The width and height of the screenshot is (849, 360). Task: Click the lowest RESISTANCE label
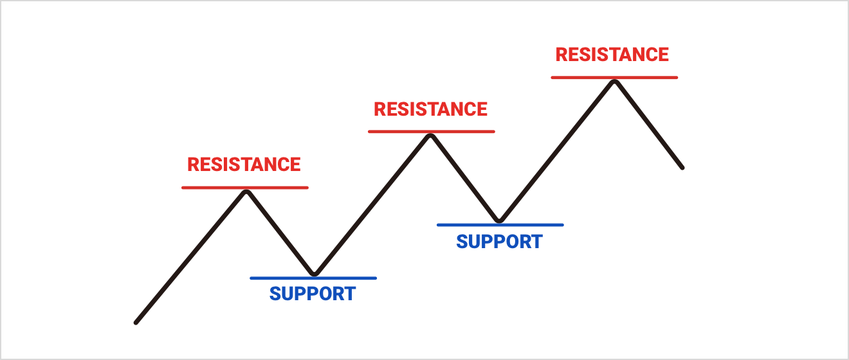coord(244,165)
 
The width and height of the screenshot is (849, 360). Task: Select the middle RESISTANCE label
coord(430,109)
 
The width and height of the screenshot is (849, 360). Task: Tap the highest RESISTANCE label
coord(612,55)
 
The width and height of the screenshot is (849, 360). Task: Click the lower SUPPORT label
coord(313,294)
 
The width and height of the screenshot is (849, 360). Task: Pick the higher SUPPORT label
coord(499,242)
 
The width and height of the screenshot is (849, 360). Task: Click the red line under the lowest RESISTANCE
coord(244,188)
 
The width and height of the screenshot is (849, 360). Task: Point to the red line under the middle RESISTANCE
coord(431,132)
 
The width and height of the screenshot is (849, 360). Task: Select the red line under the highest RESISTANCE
coord(614,78)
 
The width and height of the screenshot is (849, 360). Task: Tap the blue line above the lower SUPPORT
coord(313,278)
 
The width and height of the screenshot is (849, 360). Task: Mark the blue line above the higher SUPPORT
coord(500,225)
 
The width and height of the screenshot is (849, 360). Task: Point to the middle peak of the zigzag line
coord(430,136)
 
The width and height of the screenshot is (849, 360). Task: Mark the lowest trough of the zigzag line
coord(314,274)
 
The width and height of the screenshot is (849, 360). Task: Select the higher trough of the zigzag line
coord(500,221)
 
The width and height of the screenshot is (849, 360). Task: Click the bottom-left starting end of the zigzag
coord(136,323)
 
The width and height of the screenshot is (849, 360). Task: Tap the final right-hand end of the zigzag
coord(682,168)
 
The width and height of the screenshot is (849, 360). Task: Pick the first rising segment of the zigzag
coord(190,258)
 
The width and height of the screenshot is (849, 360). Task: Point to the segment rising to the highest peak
coord(557,152)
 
